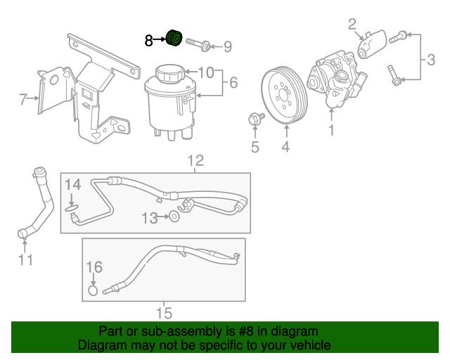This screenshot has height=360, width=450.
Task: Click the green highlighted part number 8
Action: [x=174, y=38]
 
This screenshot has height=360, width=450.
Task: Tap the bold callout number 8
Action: [x=148, y=41]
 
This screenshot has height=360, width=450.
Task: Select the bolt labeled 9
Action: [x=198, y=44]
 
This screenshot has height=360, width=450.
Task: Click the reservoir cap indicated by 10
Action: [x=170, y=73]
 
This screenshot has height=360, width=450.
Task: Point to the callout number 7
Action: [x=23, y=99]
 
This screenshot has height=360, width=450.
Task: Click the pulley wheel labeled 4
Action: [x=284, y=95]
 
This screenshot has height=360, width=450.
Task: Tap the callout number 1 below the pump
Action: [x=331, y=130]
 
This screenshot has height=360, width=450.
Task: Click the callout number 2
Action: [x=352, y=25]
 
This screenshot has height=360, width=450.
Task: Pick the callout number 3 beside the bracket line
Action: [x=431, y=60]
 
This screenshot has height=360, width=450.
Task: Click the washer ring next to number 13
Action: [x=174, y=217]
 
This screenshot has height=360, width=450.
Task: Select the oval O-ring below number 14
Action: [x=72, y=208]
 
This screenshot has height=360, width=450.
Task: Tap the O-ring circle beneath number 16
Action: [x=93, y=290]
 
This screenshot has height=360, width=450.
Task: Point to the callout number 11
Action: [x=25, y=260]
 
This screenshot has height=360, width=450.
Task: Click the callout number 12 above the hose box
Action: [x=195, y=161]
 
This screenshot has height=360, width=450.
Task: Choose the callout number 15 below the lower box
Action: [x=164, y=313]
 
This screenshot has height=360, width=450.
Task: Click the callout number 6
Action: [x=233, y=83]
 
